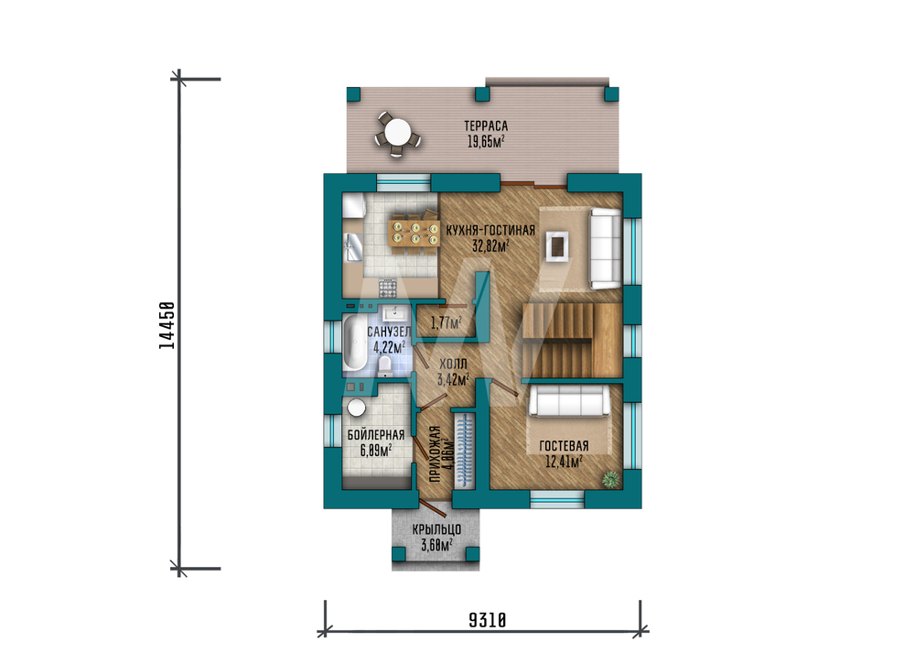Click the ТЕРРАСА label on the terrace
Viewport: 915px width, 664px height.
pyautogui.click(x=486, y=125)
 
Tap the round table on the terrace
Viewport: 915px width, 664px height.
pyautogui.click(x=397, y=132)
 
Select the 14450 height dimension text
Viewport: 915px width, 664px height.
pyautogui.click(x=167, y=325)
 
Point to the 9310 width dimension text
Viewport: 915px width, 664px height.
pyautogui.click(x=488, y=620)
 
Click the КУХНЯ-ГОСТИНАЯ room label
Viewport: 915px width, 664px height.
pyautogui.click(x=490, y=231)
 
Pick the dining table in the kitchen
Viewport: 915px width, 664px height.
pyautogui.click(x=414, y=233)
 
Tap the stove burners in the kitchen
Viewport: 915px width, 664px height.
pyautogui.click(x=387, y=288)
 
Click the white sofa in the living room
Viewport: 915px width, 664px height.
pyautogui.click(x=605, y=248)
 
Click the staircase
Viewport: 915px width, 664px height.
pyautogui.click(x=572, y=340)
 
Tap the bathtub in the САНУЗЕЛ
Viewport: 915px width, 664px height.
pyautogui.click(x=354, y=343)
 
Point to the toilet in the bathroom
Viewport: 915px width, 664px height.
pyautogui.click(x=385, y=366)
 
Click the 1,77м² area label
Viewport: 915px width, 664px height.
pyautogui.click(x=446, y=322)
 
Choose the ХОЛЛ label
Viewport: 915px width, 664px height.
pyautogui.click(x=453, y=364)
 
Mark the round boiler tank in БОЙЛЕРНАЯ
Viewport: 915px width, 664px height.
pyautogui.click(x=356, y=407)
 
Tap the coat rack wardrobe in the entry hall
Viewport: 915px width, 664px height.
pyautogui.click(x=465, y=451)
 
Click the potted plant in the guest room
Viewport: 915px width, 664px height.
pyautogui.click(x=610, y=480)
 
